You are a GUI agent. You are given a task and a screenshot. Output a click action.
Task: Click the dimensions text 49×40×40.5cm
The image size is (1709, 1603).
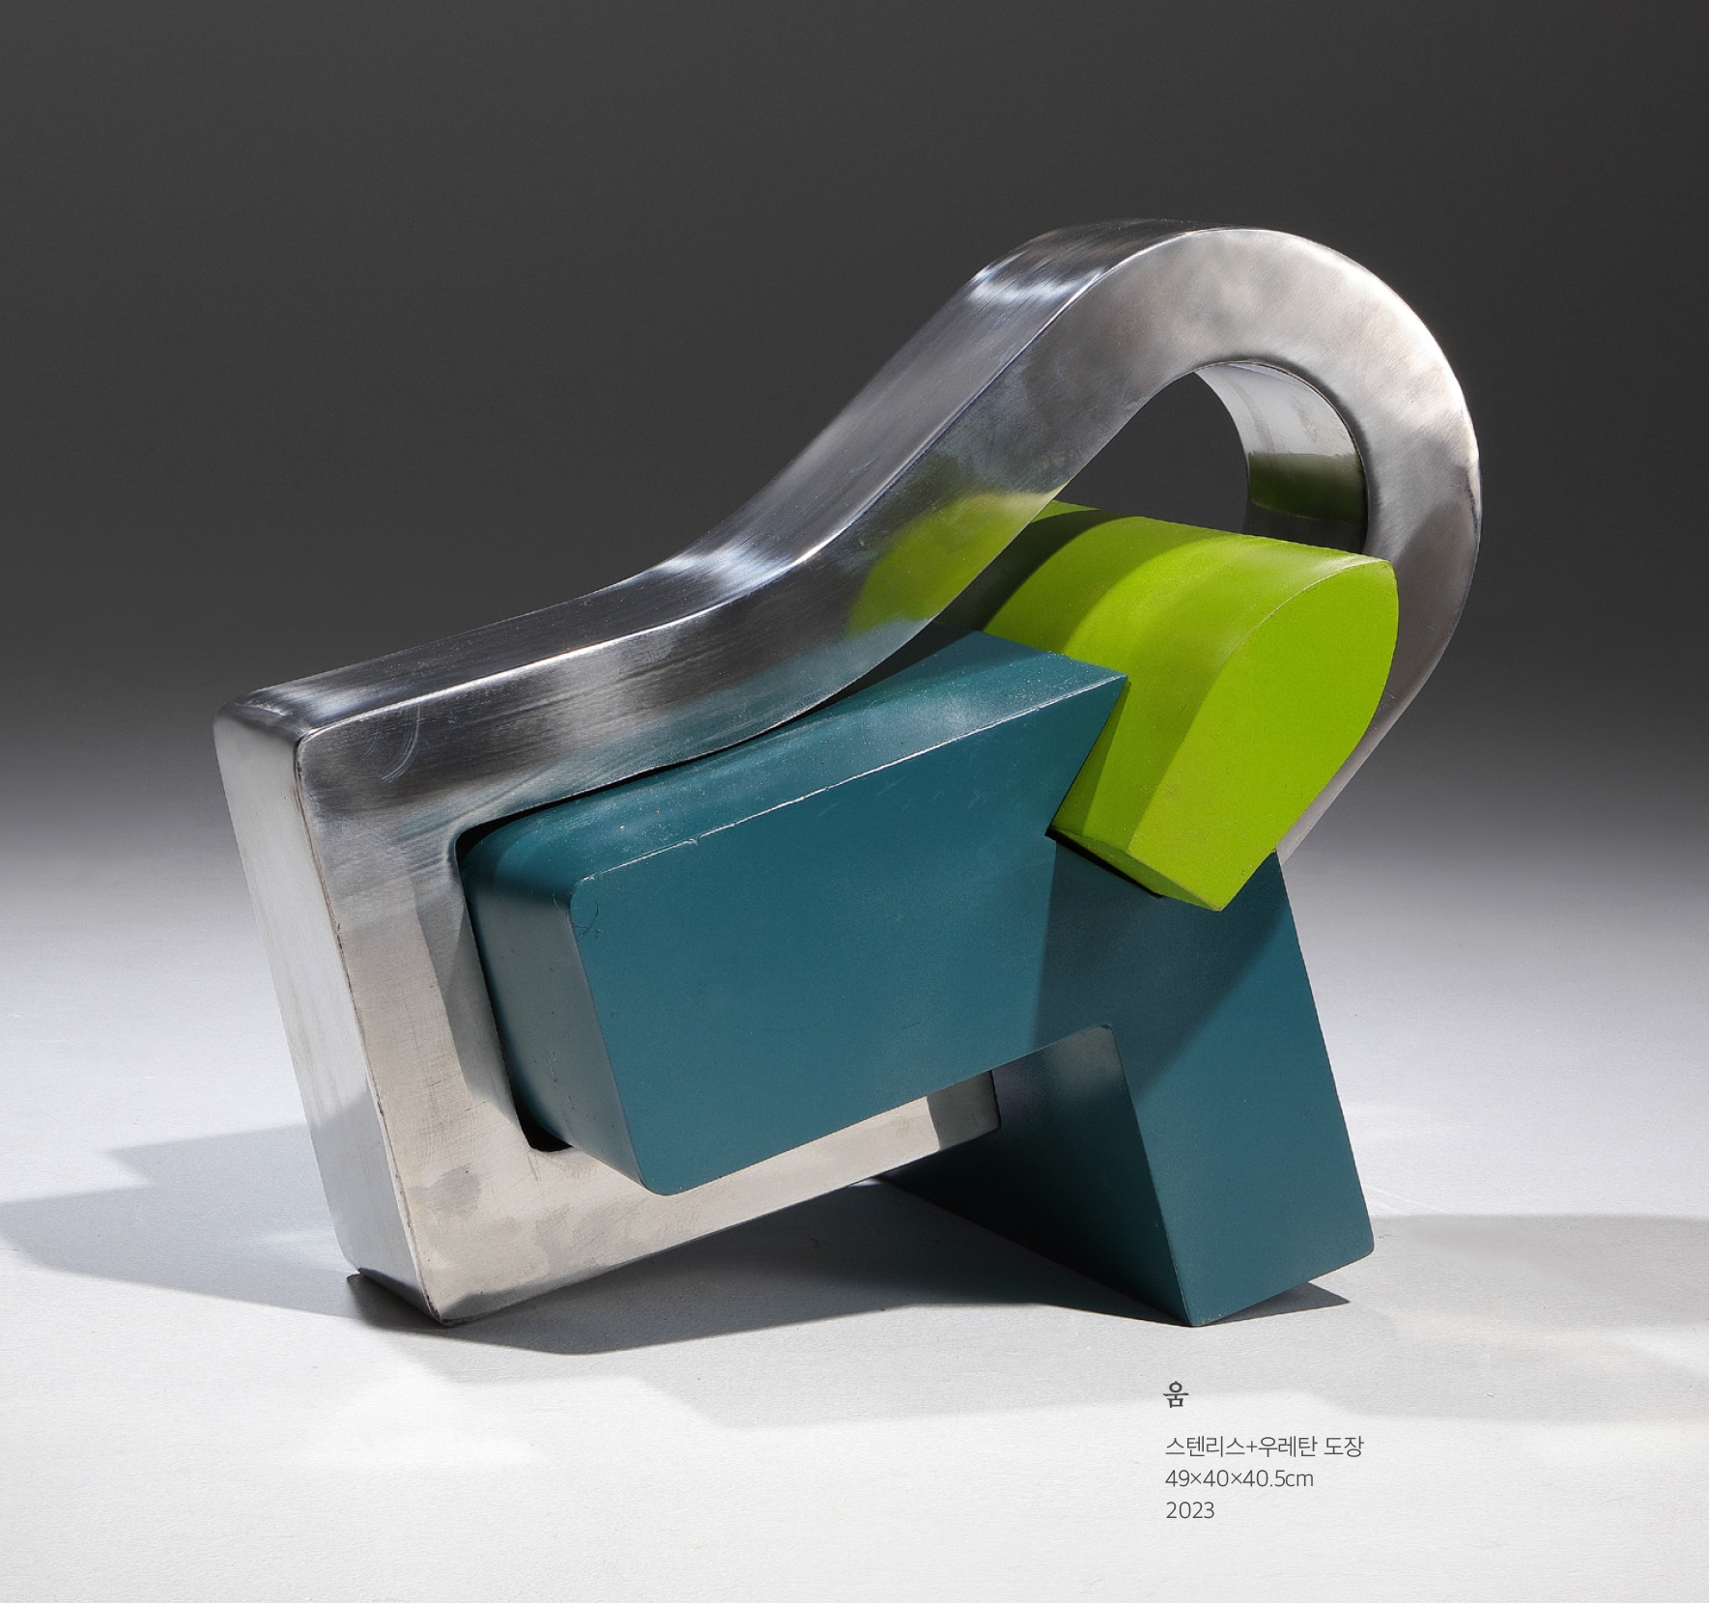[1239, 1478]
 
